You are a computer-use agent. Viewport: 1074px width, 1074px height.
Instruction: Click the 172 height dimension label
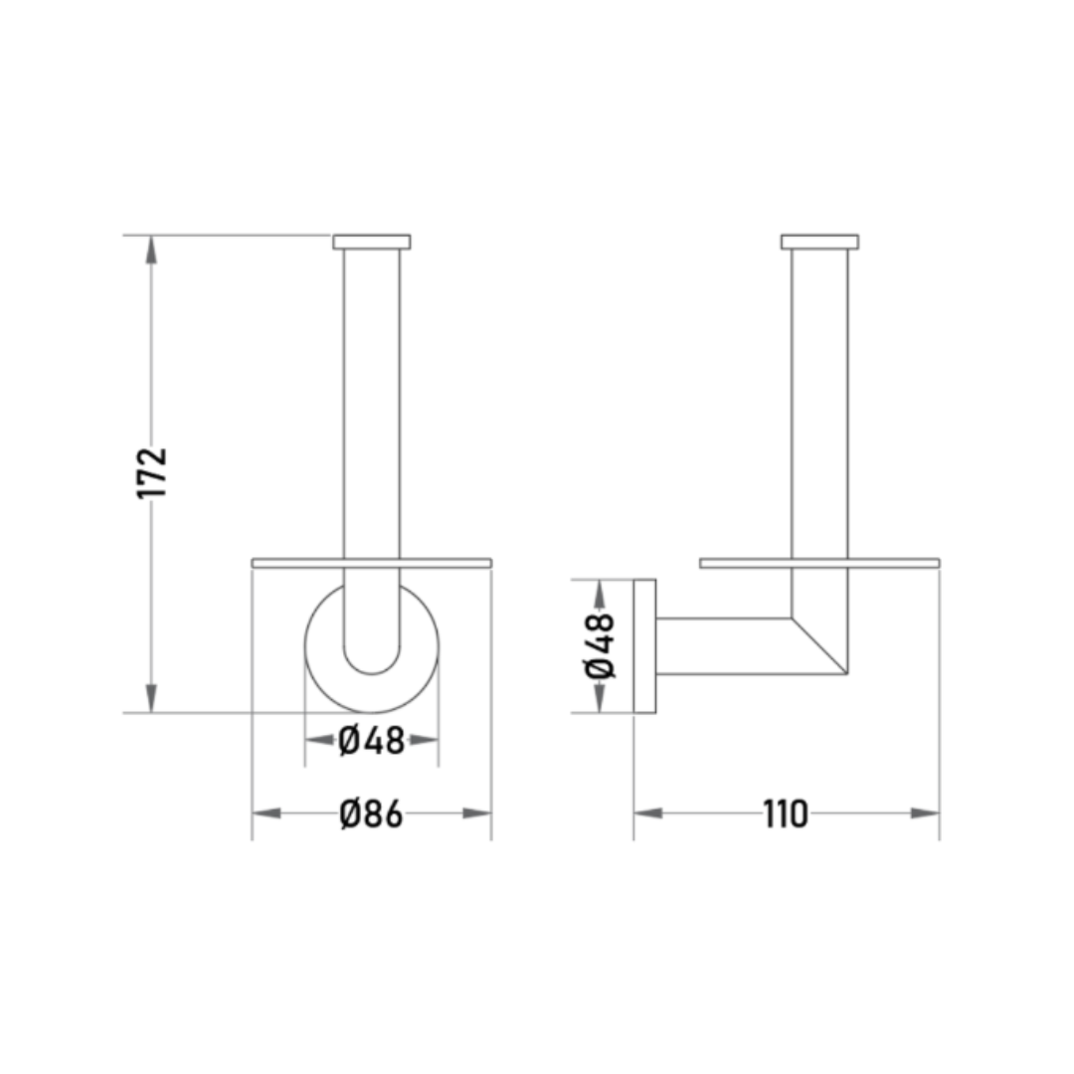tap(152, 473)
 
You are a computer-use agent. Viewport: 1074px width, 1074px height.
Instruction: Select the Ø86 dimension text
tap(371, 814)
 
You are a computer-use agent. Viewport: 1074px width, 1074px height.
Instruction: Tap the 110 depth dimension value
tap(786, 814)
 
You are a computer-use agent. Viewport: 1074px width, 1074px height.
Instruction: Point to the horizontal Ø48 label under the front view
tap(372, 741)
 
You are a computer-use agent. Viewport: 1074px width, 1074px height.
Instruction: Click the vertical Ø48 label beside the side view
tap(600, 645)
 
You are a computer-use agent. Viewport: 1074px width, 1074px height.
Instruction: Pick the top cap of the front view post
tap(372, 242)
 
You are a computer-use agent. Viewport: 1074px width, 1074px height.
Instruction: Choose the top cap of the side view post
tap(819, 242)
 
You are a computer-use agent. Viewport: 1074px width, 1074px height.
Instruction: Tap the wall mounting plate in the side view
tap(644, 646)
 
